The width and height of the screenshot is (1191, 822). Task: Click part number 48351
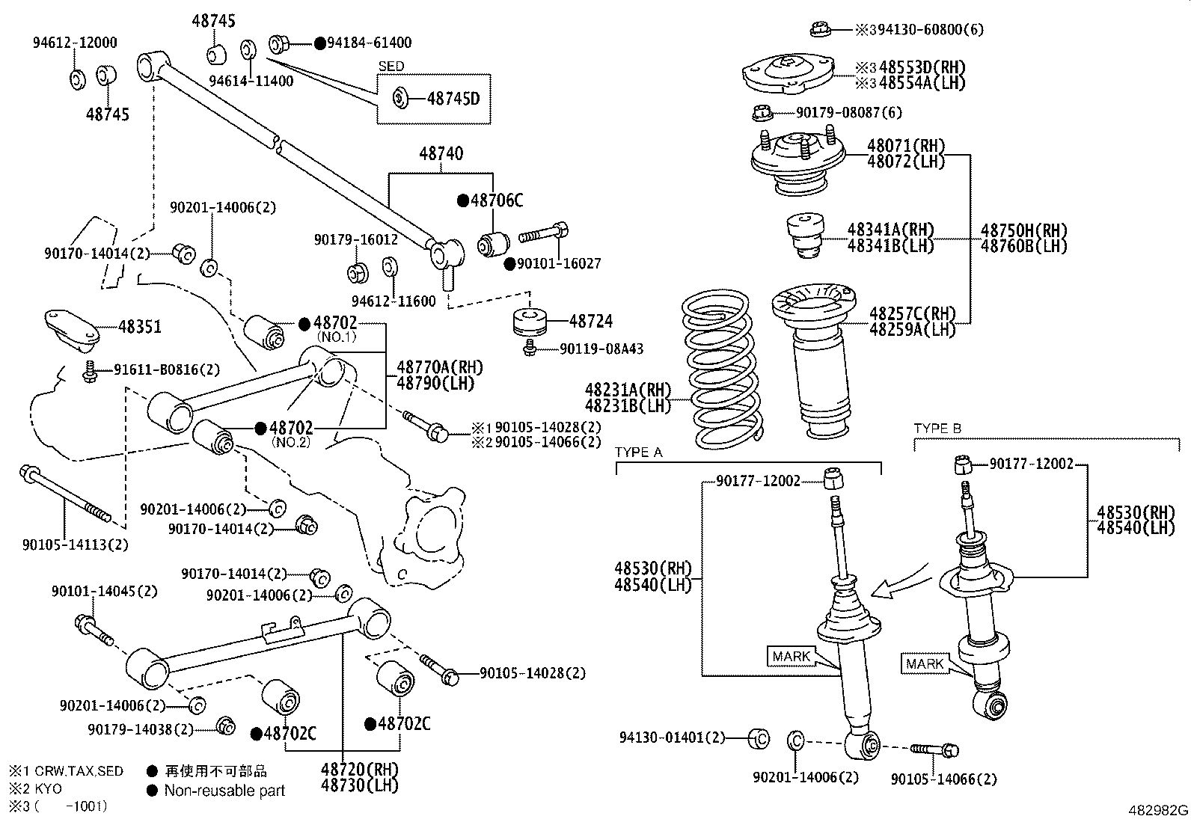point(139,327)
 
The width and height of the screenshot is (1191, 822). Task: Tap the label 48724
point(590,321)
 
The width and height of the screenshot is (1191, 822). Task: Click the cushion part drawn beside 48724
point(530,322)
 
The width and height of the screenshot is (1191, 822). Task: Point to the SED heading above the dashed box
point(391,67)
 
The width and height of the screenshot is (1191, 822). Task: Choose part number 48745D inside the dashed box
point(453,98)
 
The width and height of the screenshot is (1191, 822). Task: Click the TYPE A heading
point(638,453)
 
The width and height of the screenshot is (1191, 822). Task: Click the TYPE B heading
point(937,429)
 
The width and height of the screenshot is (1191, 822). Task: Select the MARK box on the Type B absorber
point(925,663)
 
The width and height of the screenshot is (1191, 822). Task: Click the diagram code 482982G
point(1158,810)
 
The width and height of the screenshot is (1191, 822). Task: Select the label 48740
point(441,154)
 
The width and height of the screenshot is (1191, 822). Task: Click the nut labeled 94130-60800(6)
point(820,30)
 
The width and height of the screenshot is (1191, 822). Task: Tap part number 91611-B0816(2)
point(167,369)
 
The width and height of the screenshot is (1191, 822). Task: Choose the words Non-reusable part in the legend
point(224,790)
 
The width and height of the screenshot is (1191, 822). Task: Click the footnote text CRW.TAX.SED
point(78,771)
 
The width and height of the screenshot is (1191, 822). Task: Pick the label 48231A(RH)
point(628,390)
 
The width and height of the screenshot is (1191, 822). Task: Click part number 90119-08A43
point(601,349)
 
